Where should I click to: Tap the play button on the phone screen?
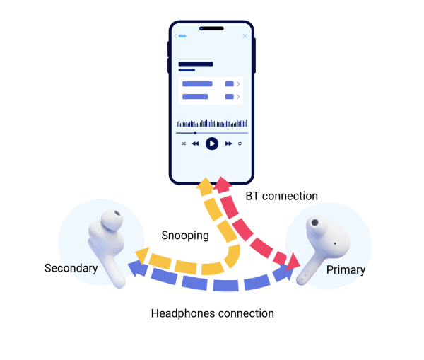point(211,144)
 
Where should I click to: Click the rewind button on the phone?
point(195,144)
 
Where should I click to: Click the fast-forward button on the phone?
point(228,144)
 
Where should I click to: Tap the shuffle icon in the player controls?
point(184,144)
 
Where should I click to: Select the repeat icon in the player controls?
point(240,144)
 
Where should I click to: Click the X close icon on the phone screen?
point(245,36)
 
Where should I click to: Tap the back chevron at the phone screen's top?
point(176,36)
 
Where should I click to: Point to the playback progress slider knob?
point(195,133)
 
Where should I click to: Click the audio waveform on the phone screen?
point(211,123)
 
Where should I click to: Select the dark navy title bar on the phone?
point(196,64)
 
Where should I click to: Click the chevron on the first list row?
point(238,84)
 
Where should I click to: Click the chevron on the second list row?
point(238,97)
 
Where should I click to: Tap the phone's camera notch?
point(211,29)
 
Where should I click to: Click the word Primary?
point(346,269)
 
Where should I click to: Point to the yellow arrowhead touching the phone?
point(204,187)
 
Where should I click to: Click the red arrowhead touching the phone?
point(223,185)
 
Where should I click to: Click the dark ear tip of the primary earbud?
point(314,222)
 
